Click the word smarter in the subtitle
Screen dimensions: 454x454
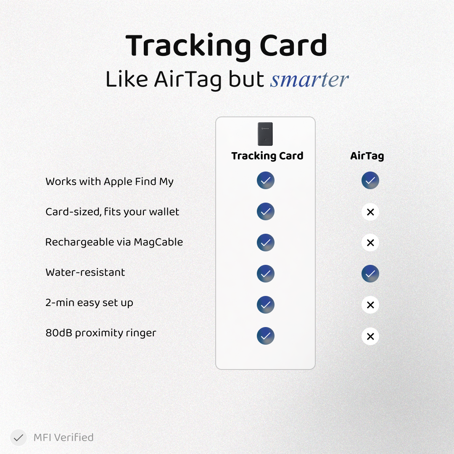tap(309, 79)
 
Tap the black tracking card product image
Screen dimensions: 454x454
tap(265, 134)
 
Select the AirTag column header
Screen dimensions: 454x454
tap(367, 156)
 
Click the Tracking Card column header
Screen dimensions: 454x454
tap(267, 156)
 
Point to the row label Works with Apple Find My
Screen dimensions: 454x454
tap(109, 182)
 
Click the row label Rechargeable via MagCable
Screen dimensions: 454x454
tap(114, 242)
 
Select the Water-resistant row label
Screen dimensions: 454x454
tap(85, 272)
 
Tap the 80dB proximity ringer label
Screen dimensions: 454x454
tap(100, 333)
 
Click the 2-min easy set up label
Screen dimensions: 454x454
tap(89, 303)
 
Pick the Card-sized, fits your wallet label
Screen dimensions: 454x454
tap(112, 212)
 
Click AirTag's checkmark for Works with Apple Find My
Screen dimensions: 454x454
tap(370, 181)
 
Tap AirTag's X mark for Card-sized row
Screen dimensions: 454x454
tap(370, 212)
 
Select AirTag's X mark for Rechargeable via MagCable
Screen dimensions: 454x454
tap(370, 243)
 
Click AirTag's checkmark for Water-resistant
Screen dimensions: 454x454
tap(370, 274)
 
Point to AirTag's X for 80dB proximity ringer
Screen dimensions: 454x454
tap(370, 336)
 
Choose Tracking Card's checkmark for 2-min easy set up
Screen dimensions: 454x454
tap(266, 305)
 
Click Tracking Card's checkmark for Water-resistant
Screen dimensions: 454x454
tap(266, 274)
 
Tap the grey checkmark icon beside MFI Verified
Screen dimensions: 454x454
tap(18, 438)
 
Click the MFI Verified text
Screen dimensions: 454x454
tap(63, 438)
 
